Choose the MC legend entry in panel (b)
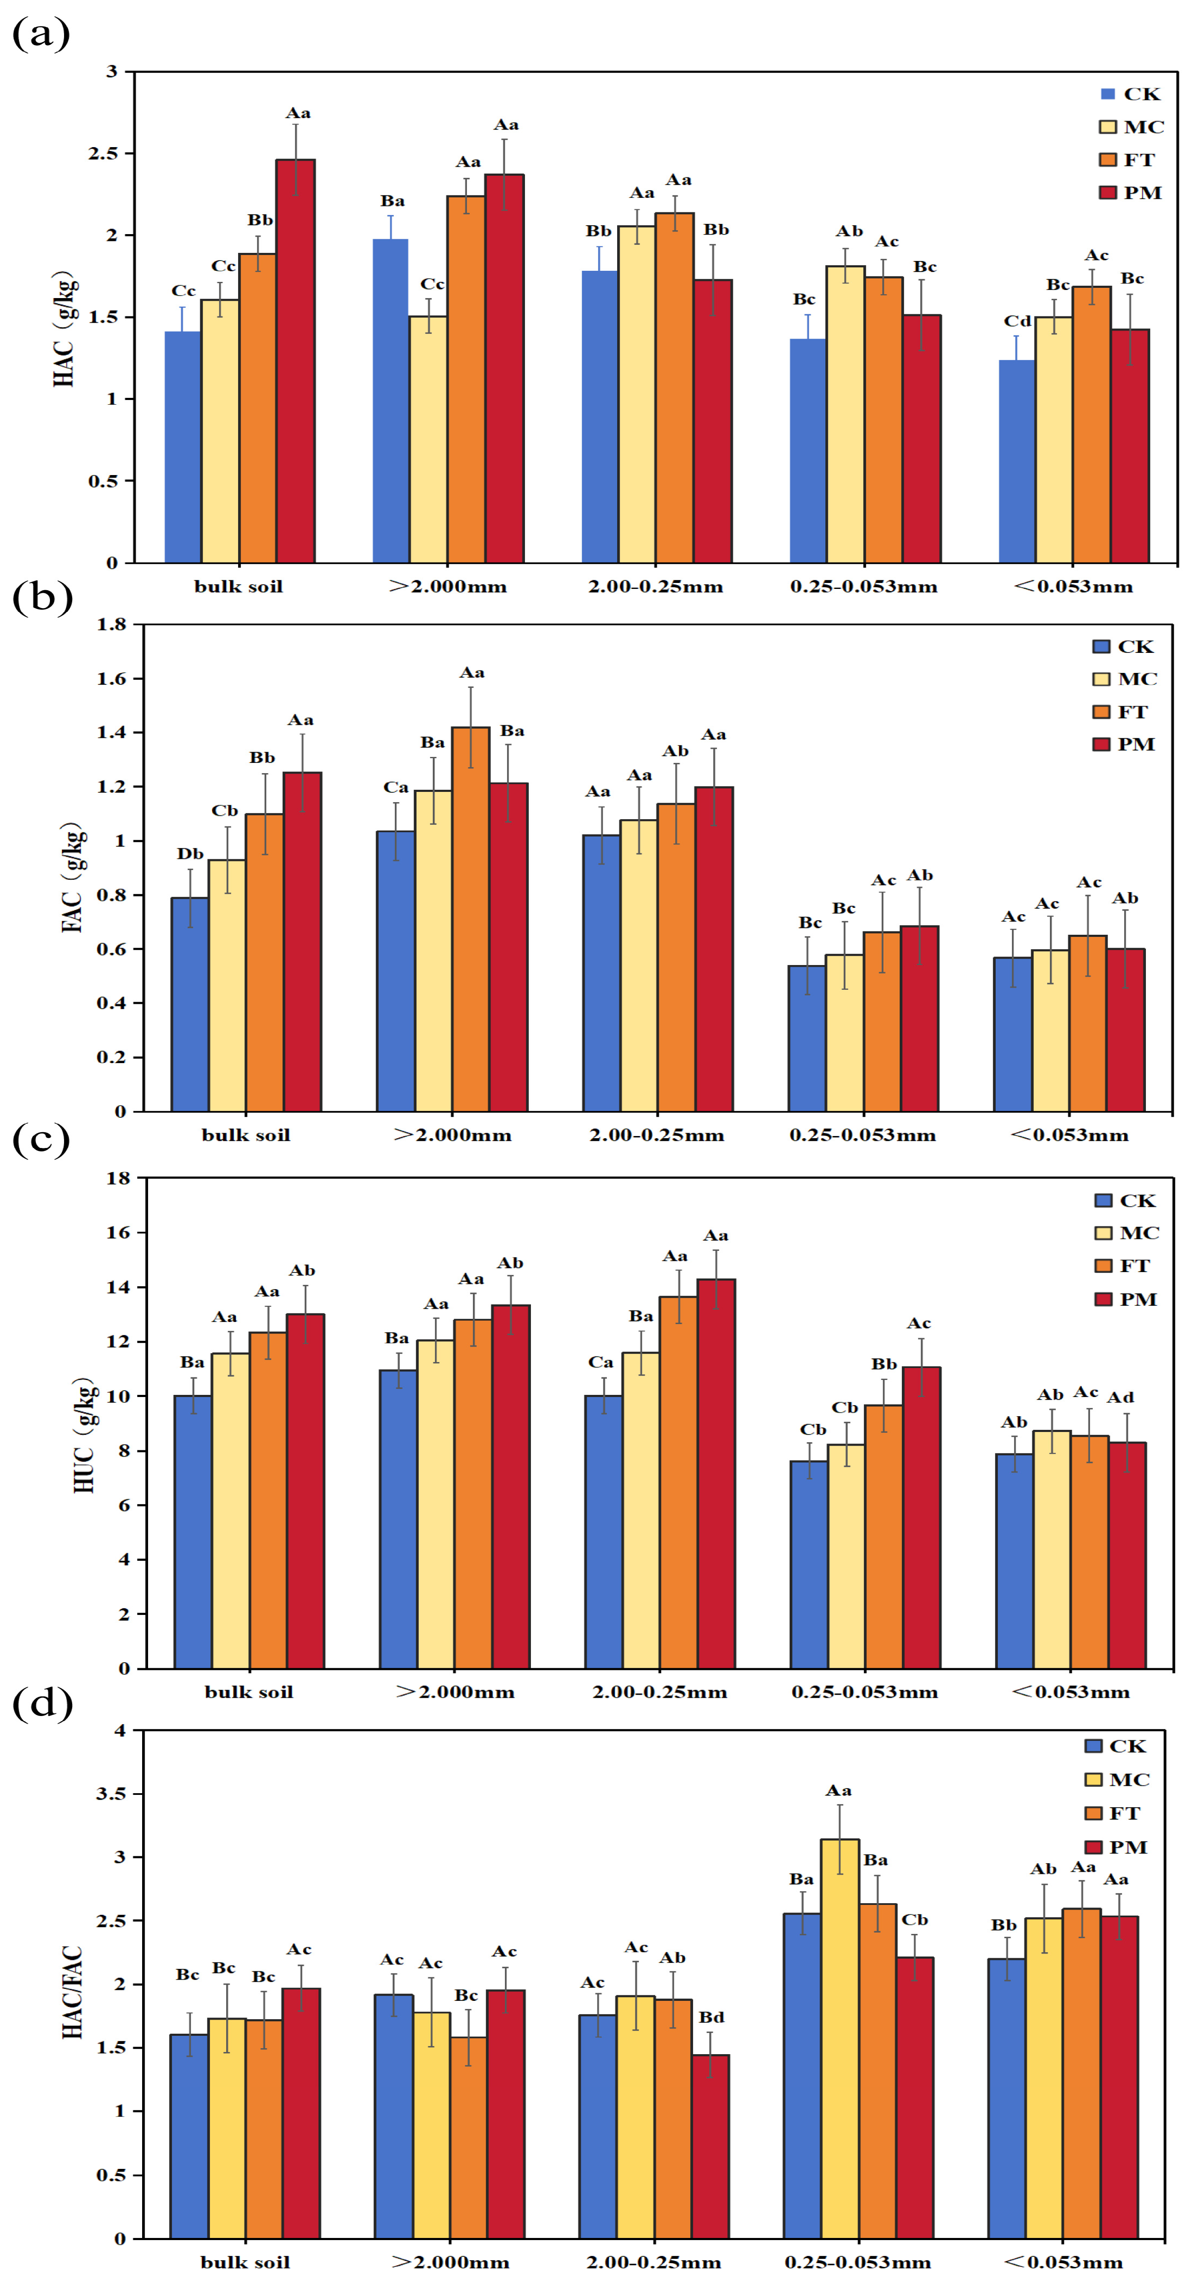(x=1125, y=679)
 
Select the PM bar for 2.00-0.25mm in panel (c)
(x=716, y=1474)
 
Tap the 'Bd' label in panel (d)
(x=711, y=2017)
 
